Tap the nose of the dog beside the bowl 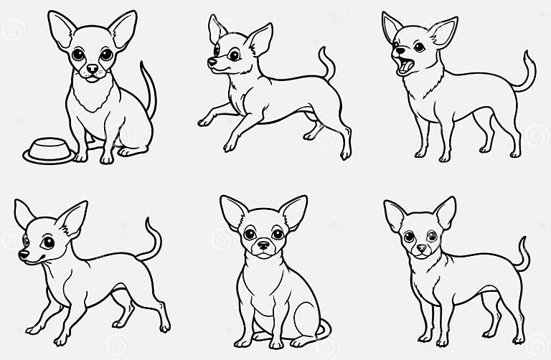93,70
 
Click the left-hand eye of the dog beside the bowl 78,55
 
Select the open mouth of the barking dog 405,67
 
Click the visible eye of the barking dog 418,47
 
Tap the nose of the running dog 212,63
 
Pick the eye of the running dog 234,55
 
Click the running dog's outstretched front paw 203,121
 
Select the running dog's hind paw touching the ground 346,153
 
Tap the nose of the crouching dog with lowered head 24,254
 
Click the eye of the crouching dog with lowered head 48,242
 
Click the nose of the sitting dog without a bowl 263,245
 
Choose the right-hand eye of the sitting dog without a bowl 277,234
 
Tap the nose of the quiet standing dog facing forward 421,249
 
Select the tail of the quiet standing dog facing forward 523,255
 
